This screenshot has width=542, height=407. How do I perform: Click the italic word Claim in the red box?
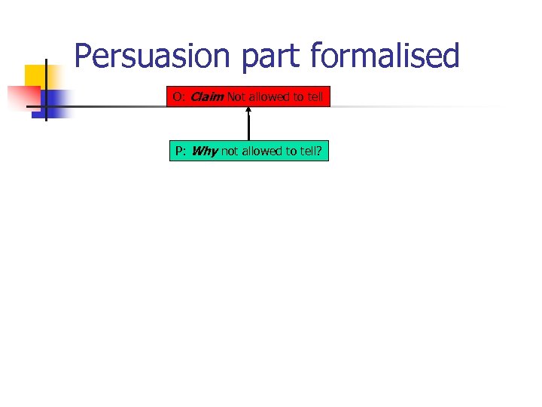pos(207,97)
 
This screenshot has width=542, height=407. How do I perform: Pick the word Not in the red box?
pos(236,97)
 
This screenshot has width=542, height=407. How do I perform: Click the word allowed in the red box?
pos(270,97)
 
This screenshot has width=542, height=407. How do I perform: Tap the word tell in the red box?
pos(315,97)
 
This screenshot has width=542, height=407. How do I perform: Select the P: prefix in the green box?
pos(181,151)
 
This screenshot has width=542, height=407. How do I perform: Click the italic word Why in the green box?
pos(204,151)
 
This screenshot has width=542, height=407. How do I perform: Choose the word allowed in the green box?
pos(261,151)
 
